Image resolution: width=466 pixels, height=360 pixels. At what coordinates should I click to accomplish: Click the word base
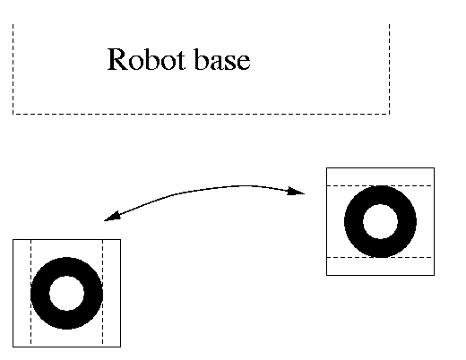(221, 59)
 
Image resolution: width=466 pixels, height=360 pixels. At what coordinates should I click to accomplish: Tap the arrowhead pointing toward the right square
(296, 191)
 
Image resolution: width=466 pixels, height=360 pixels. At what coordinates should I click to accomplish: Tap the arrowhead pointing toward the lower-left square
(112, 216)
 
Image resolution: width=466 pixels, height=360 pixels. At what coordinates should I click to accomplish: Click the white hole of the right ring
(380, 221)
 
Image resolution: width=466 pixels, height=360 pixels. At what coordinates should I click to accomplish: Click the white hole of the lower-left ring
(66, 293)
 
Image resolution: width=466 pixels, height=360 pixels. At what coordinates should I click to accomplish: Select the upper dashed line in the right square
(380, 185)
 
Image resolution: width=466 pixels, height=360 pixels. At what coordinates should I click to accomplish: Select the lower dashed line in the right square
(380, 257)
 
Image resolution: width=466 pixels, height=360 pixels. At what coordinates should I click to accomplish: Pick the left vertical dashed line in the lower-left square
(31, 293)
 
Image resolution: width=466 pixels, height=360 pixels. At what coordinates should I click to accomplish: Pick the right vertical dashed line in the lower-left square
(102, 293)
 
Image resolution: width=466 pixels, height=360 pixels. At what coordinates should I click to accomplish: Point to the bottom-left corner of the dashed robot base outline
(13, 114)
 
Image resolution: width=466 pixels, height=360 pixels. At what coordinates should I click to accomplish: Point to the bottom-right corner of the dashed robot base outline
(389, 114)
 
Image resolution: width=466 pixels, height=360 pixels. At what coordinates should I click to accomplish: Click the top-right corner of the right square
(434, 168)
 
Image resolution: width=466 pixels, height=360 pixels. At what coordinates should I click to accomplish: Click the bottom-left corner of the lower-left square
(13, 347)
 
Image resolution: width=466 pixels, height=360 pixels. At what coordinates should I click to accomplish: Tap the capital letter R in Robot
(117, 59)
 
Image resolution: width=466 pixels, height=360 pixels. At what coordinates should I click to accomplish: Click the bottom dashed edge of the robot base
(201, 114)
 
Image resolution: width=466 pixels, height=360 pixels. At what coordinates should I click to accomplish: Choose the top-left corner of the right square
(327, 168)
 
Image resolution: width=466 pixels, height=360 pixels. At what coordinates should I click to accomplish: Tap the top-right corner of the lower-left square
(120, 239)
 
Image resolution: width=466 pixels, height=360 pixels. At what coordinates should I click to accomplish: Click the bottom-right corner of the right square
(434, 275)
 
